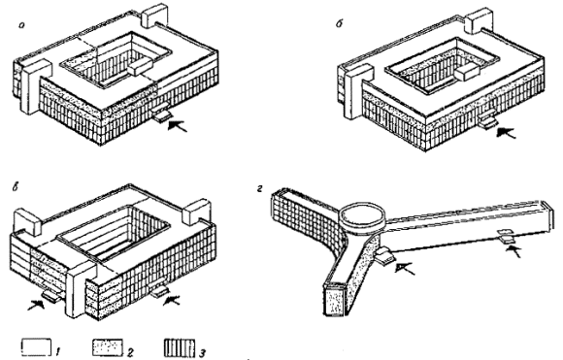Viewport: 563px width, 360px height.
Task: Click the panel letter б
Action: (x=340, y=23)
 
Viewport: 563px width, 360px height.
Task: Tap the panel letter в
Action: (x=16, y=187)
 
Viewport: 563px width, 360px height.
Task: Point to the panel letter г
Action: (x=260, y=189)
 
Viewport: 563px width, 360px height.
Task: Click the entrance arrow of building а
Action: (x=178, y=125)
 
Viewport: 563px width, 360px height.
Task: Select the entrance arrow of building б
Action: (x=506, y=132)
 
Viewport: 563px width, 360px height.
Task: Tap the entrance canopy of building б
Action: (x=488, y=120)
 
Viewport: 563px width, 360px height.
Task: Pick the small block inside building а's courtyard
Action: (x=141, y=67)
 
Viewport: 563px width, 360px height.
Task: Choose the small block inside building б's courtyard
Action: (x=468, y=73)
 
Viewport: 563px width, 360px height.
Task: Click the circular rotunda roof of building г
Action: (x=362, y=215)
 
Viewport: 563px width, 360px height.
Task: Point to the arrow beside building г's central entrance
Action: (x=405, y=268)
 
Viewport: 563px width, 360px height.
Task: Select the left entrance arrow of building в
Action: (x=37, y=305)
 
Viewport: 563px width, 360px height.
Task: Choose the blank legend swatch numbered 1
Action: (x=36, y=346)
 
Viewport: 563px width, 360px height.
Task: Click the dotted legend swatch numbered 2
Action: (x=108, y=347)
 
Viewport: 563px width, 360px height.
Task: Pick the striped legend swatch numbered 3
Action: (x=180, y=347)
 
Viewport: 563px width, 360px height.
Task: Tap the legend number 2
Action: (x=130, y=352)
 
